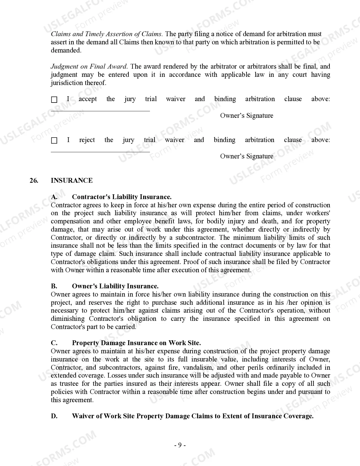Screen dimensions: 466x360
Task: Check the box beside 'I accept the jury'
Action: tap(54, 100)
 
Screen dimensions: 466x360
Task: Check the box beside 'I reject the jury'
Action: tap(54, 140)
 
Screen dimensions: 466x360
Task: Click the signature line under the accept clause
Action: tap(100, 111)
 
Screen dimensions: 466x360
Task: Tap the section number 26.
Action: tap(34, 180)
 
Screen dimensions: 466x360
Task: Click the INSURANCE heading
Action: tap(72, 180)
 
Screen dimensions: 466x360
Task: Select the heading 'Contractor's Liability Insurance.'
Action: tap(122, 197)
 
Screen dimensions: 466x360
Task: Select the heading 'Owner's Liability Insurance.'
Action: tap(115, 286)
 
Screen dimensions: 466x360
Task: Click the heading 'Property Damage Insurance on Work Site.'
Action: tap(136, 343)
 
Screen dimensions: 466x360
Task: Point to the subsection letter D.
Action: tap(54, 416)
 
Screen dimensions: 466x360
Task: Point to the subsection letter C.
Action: tap(54, 343)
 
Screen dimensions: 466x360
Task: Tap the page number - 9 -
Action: tap(180, 445)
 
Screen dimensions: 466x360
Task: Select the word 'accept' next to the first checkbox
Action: tap(88, 99)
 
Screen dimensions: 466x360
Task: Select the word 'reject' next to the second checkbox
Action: tap(87, 140)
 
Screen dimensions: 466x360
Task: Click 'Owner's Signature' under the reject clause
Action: tap(246, 156)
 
